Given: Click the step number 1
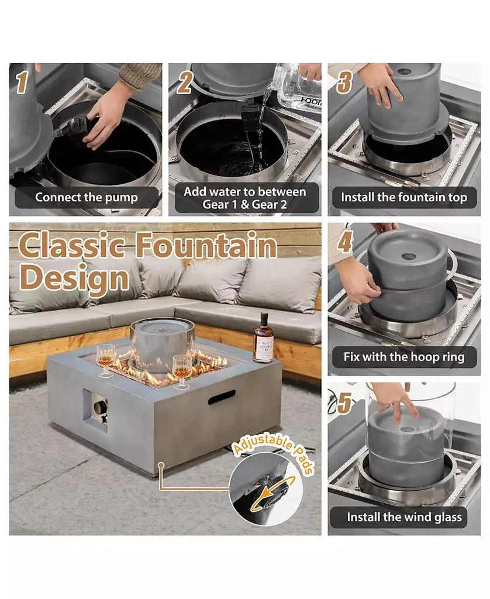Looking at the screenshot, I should coord(22,82).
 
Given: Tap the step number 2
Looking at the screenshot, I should coord(184,82).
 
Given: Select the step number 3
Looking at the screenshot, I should coord(344,82).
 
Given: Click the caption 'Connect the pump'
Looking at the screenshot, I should coord(85,197).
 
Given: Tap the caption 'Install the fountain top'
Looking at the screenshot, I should coord(404,197).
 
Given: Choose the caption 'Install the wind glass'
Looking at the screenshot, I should coord(404,517).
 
